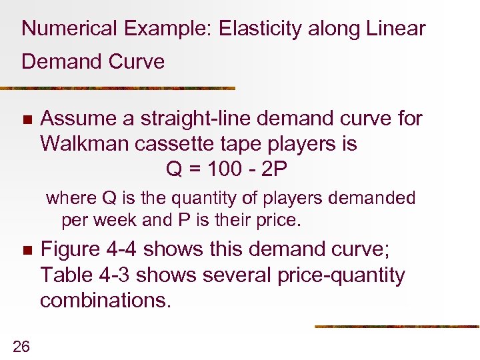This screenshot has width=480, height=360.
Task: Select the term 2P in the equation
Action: click(x=273, y=169)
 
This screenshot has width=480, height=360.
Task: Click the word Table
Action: click(x=65, y=275)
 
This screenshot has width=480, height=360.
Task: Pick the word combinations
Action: click(x=105, y=301)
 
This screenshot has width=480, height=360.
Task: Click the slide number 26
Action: click(x=21, y=345)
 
